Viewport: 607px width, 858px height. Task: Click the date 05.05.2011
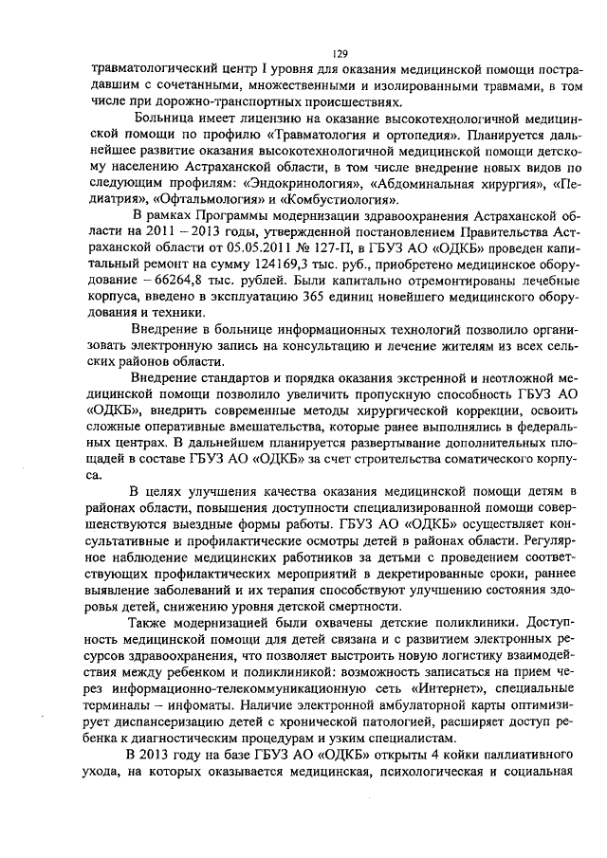[x=256, y=249]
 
